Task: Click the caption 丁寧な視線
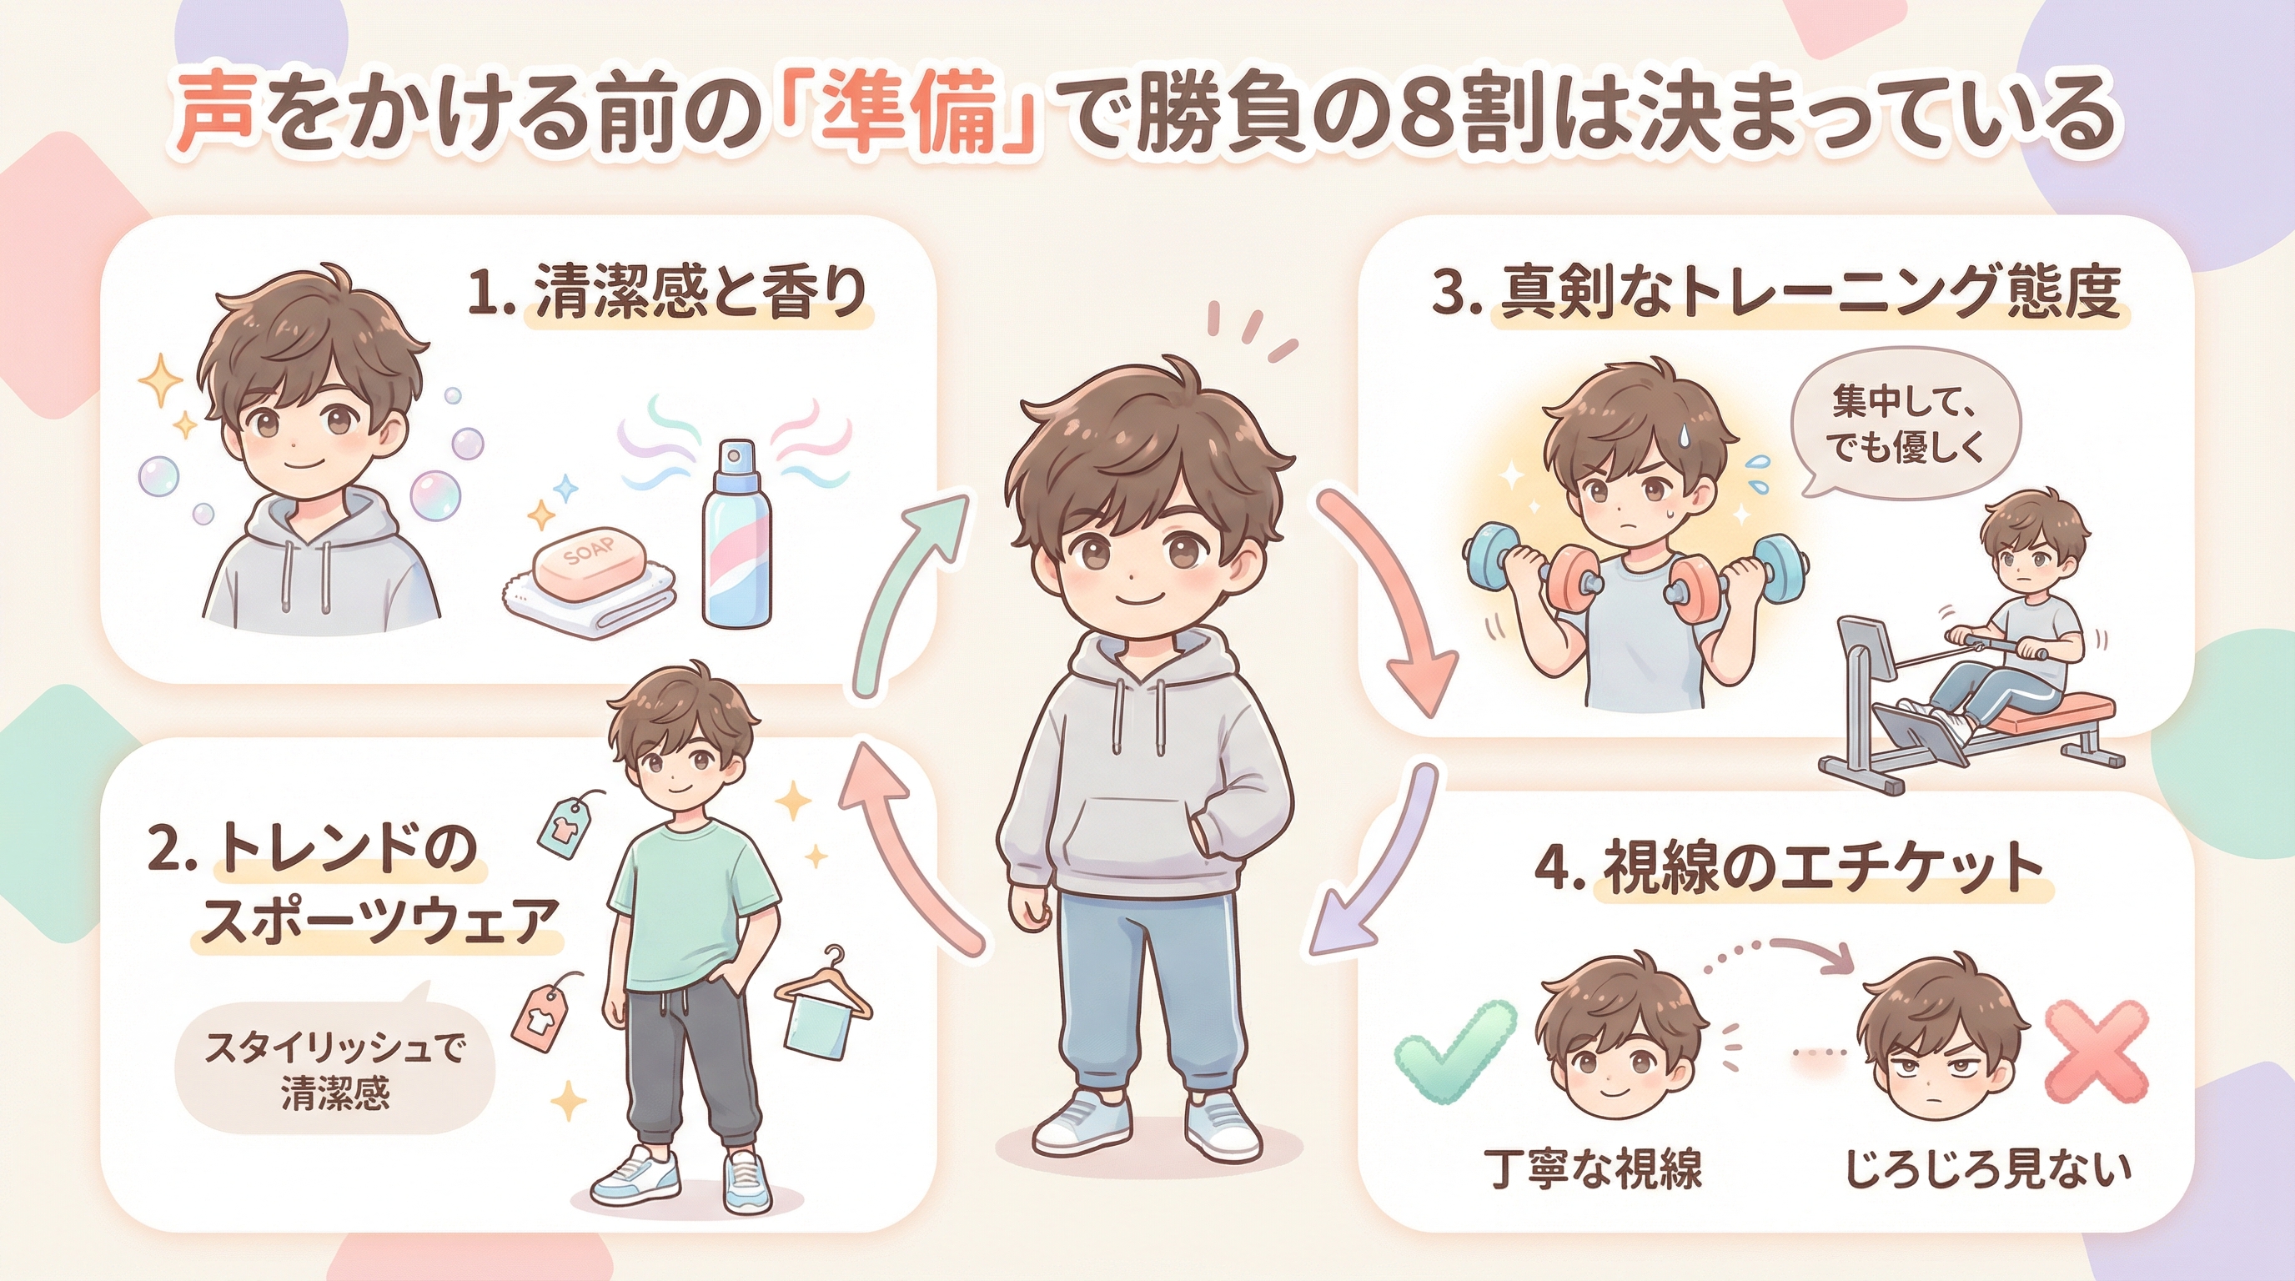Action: [1594, 1169]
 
